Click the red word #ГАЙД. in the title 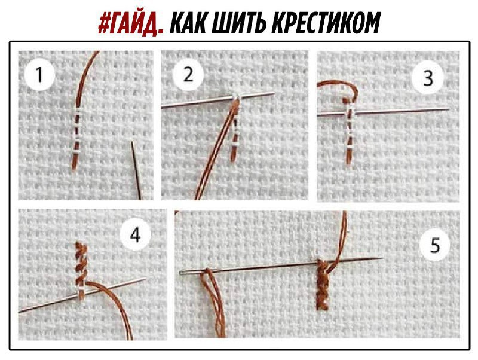pos(131,23)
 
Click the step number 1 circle pos(40,76)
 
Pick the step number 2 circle pos(189,75)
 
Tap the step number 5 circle pos(435,245)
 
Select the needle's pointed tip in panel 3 pos(447,109)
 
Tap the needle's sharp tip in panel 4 pos(144,279)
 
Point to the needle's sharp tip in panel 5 pos(382,259)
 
